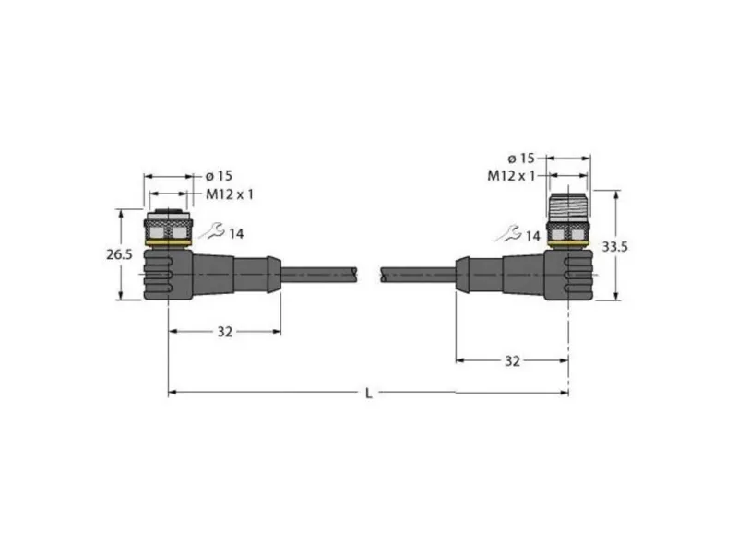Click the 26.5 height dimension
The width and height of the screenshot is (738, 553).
119,254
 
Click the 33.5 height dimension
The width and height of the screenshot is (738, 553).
614,246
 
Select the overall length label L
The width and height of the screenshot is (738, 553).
368,394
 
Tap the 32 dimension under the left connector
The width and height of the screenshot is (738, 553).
224,332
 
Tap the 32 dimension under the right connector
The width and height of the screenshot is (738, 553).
512,360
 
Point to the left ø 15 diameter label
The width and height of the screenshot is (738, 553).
219,176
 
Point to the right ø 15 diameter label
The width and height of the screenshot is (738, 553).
521,158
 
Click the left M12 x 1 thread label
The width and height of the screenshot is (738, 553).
230,194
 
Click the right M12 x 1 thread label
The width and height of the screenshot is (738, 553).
511,176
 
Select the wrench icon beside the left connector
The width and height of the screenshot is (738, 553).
213,232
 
